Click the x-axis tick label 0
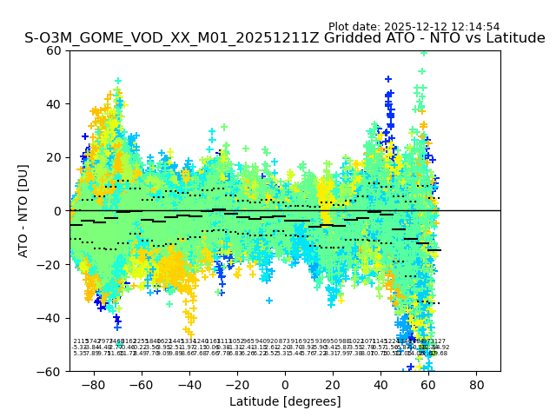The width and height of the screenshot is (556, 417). tap(285, 384)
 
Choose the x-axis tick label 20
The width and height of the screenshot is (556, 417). tap(333, 384)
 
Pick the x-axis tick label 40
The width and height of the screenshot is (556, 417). tap(381, 384)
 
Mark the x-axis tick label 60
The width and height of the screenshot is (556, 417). tap(428, 384)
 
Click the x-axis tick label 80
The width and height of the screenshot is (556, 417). tap(476, 384)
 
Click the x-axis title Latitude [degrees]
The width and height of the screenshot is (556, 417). tap(285, 401)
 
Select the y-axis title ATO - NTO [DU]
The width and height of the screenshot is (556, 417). tap(24, 211)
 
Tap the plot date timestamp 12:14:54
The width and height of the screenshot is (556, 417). tap(474, 27)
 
